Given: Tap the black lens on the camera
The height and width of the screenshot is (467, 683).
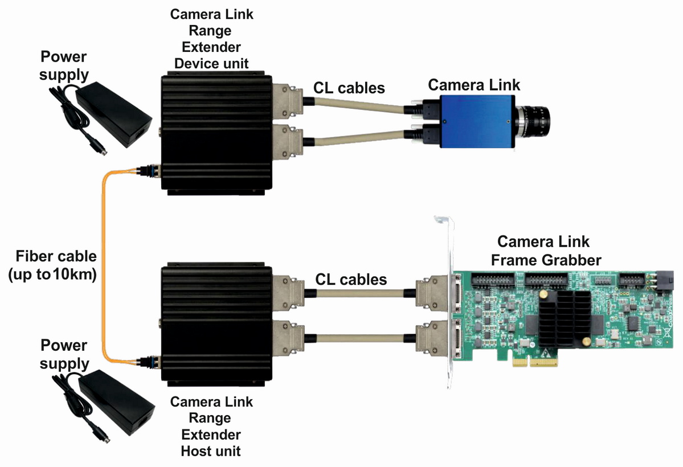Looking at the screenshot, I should pyautogui.click(x=535, y=119).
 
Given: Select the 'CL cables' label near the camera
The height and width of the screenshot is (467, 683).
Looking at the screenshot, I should pyautogui.click(x=349, y=88).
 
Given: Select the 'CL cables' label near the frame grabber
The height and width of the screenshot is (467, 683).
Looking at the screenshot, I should pyautogui.click(x=351, y=279).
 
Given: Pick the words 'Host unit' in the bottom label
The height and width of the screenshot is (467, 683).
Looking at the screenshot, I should pyautogui.click(x=211, y=451).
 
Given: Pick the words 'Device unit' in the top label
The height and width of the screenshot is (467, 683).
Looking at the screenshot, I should pyautogui.click(x=211, y=63).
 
